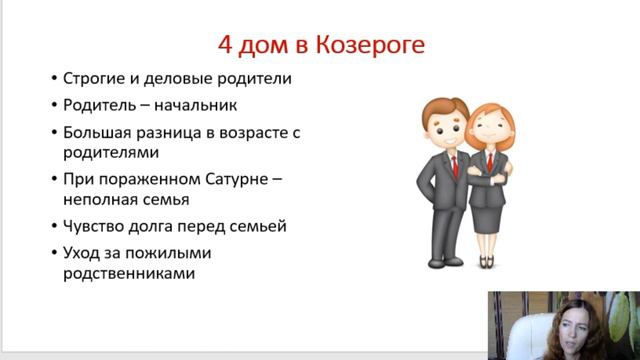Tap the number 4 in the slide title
(226, 45)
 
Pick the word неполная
(102, 200)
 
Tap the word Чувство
(96, 226)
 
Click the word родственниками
(127, 273)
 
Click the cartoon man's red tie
(456, 164)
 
